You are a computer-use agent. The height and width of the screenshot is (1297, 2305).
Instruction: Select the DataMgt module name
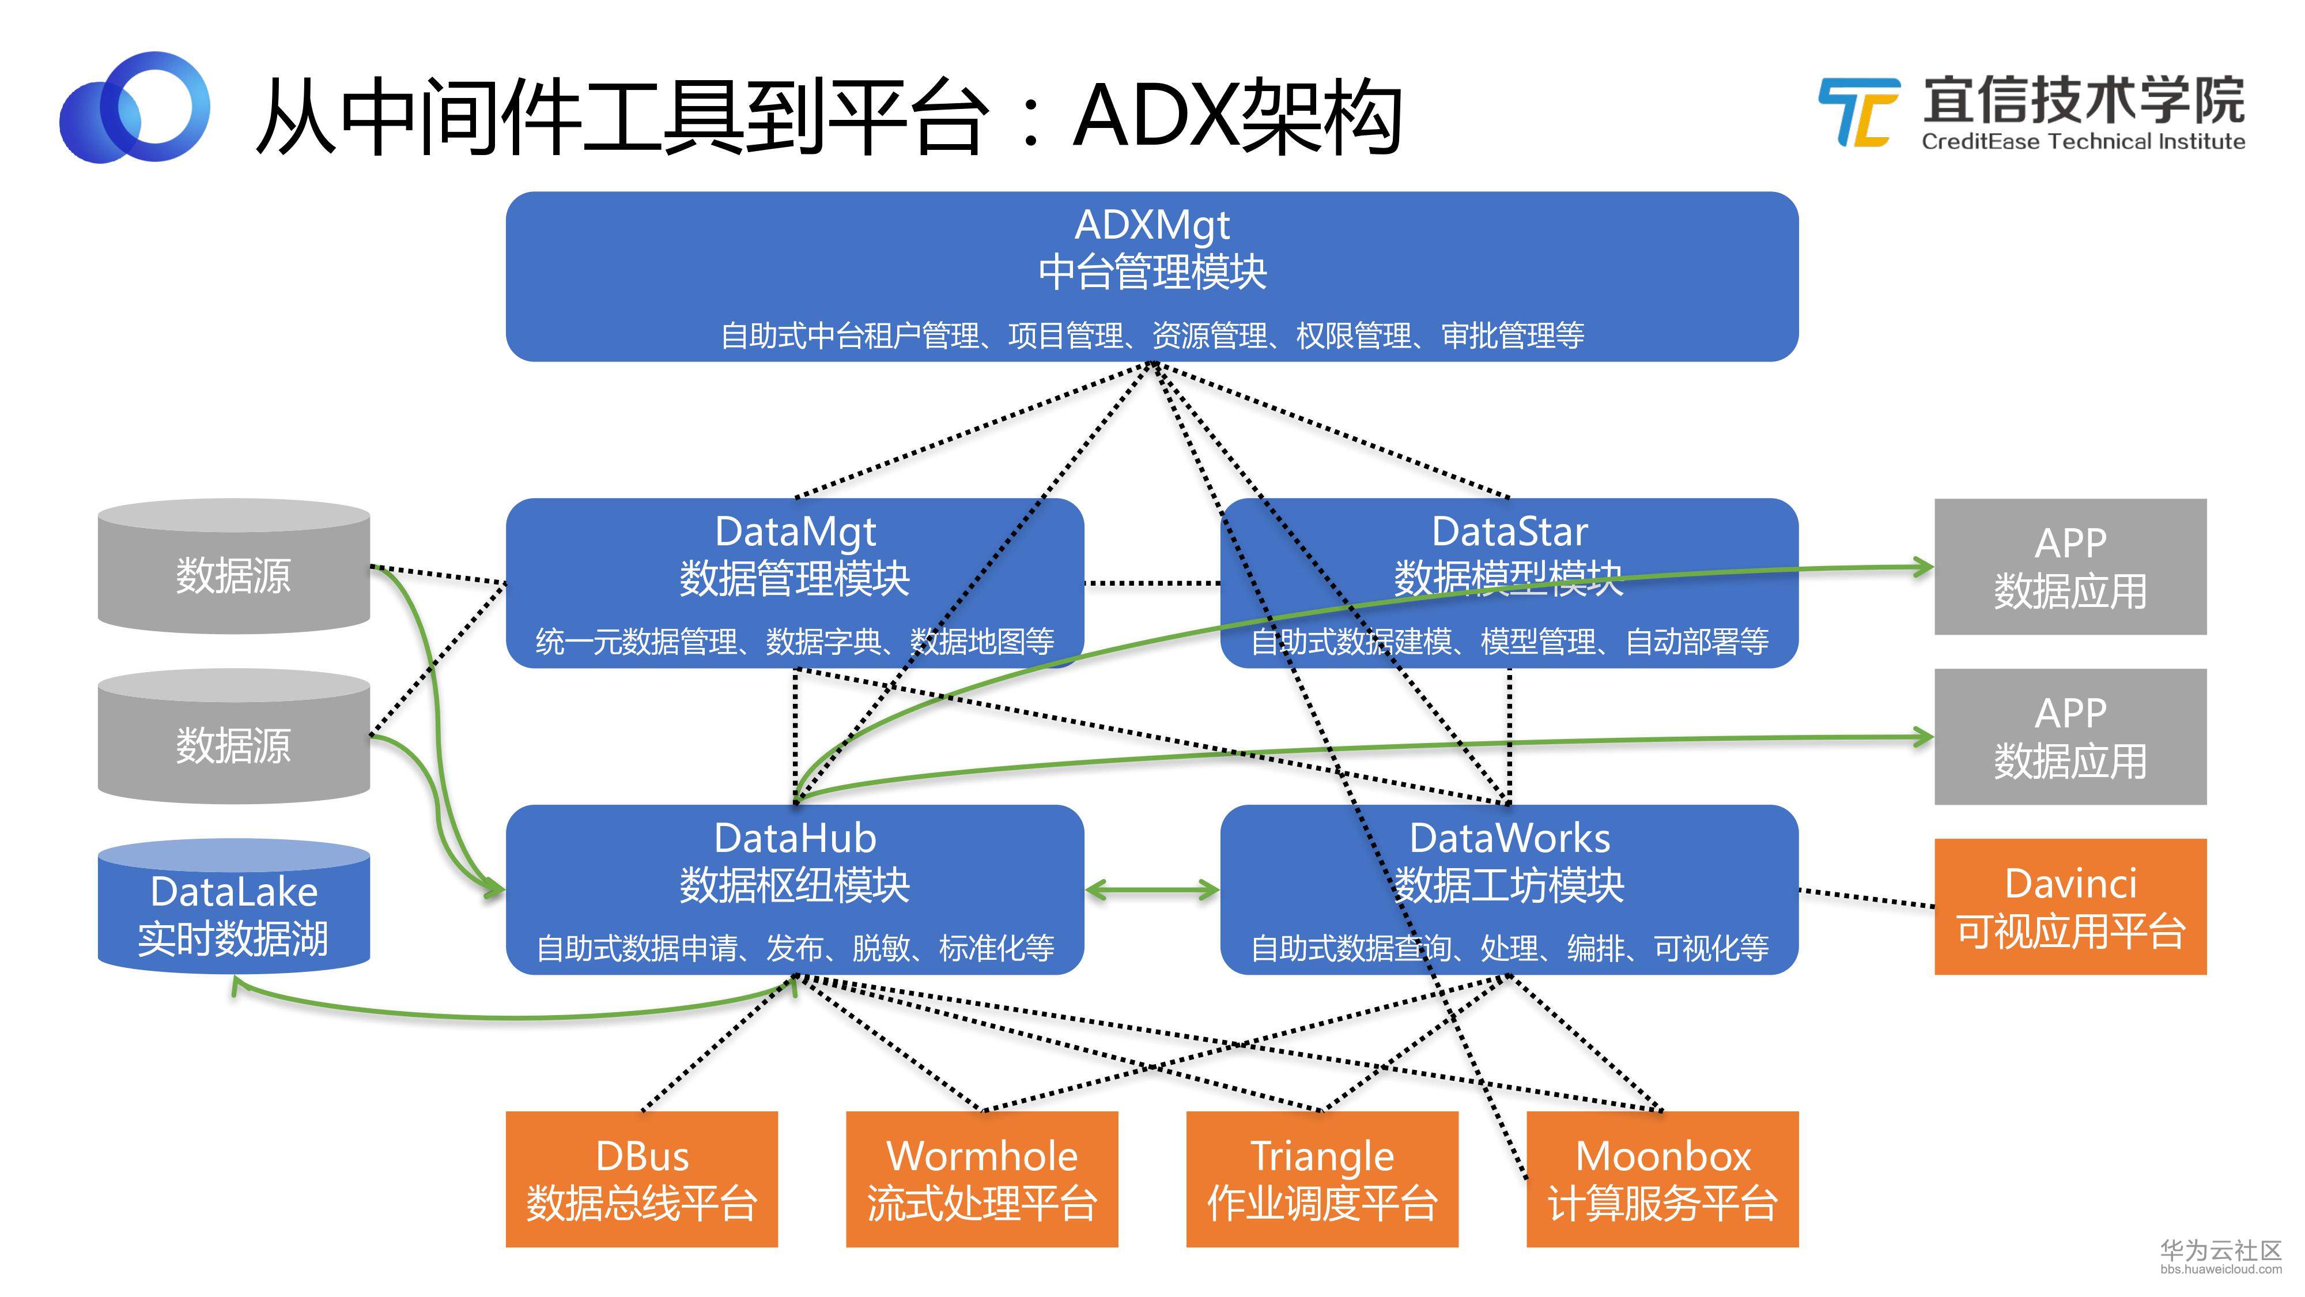tap(795, 531)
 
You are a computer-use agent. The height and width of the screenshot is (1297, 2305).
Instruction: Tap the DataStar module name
tap(1510, 531)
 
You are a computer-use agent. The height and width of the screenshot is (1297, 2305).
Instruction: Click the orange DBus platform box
tap(641, 1179)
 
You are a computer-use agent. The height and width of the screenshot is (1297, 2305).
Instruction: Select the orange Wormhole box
tap(981, 1179)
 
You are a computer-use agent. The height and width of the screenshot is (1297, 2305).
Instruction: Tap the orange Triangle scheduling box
tap(1321, 1179)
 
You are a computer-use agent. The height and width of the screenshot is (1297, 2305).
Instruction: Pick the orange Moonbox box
tap(1662, 1179)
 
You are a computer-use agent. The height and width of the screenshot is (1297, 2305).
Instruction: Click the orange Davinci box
tap(2070, 907)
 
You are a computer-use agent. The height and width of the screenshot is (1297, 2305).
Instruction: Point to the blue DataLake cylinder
tap(233, 907)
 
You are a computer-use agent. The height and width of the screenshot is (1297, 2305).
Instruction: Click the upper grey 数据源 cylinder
tap(233, 567)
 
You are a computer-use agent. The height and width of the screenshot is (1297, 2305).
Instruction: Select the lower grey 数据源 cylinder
tap(233, 737)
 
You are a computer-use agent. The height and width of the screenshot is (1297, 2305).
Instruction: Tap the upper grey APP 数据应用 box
tap(2070, 567)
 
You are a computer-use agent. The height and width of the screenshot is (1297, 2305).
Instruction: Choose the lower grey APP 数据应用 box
tap(2070, 737)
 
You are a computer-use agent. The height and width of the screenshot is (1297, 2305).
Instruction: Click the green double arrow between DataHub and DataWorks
tap(1152, 889)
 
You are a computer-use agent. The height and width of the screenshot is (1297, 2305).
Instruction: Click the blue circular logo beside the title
tap(134, 107)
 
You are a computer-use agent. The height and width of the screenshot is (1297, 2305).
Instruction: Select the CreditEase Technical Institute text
tap(2083, 141)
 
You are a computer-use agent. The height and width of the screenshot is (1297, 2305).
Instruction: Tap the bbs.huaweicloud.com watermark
tap(2221, 1269)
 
